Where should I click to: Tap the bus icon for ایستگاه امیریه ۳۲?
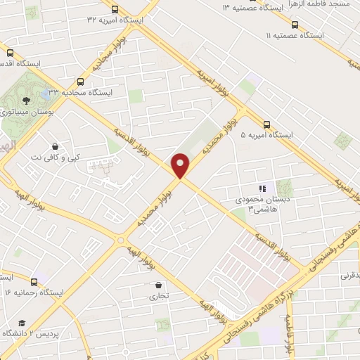(115, 9)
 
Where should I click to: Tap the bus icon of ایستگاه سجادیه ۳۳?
(80, 82)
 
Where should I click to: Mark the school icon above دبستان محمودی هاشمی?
(262, 188)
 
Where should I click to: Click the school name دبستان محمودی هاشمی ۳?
(257, 205)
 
